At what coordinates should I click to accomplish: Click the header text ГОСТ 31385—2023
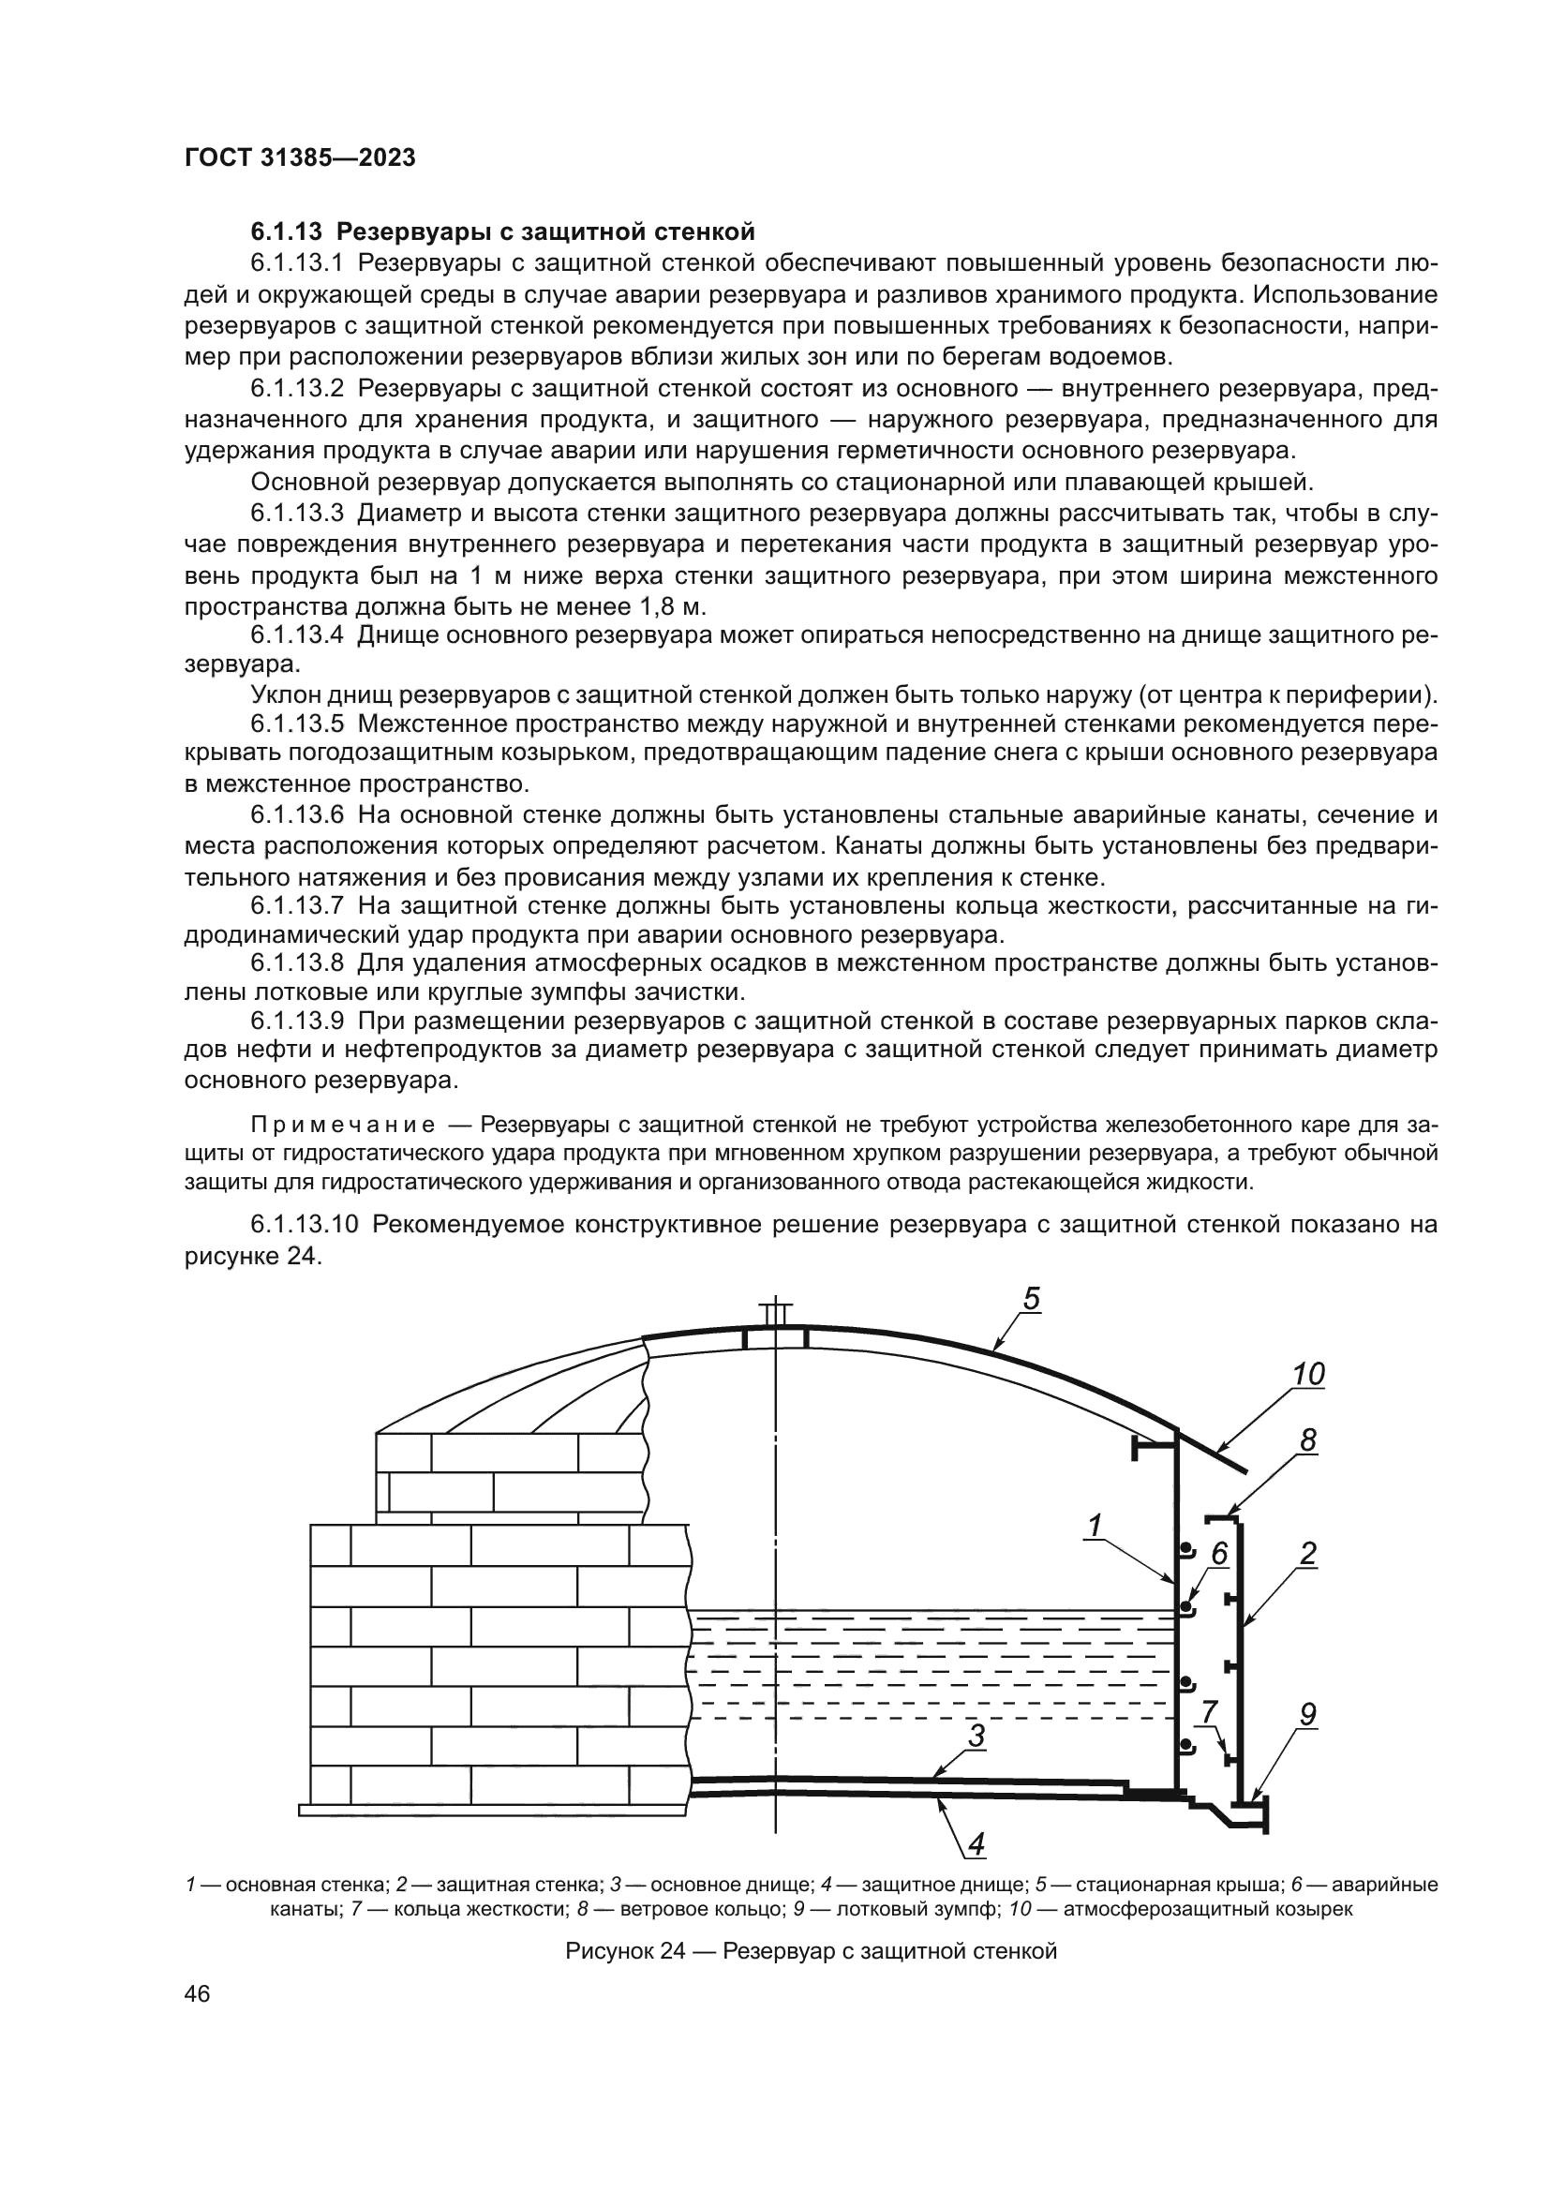coord(300,158)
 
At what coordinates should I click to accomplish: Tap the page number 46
coord(198,1994)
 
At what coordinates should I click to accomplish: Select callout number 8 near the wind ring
coord(1307,1441)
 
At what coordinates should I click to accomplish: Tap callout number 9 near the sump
coord(1307,1716)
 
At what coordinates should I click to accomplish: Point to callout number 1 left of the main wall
coord(1095,1527)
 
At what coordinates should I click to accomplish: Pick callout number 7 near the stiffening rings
coord(1208,1713)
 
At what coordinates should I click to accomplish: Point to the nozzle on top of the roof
coord(775,1317)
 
